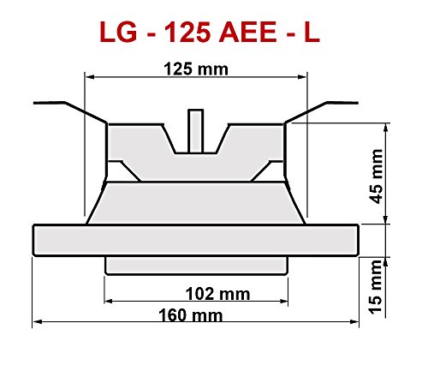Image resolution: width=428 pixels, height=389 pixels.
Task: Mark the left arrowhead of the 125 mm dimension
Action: [88, 76]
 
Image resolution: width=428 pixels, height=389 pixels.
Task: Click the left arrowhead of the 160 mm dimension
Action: [37, 323]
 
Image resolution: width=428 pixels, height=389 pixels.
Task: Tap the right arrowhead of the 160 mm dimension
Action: [353, 323]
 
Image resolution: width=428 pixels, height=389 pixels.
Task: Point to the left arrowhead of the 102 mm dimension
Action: [109, 301]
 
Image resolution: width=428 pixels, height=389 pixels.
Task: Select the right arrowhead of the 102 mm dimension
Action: [283, 301]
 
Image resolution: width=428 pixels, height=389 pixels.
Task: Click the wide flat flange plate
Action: [194, 240]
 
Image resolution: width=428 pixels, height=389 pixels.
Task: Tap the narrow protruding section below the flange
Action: [195, 264]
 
